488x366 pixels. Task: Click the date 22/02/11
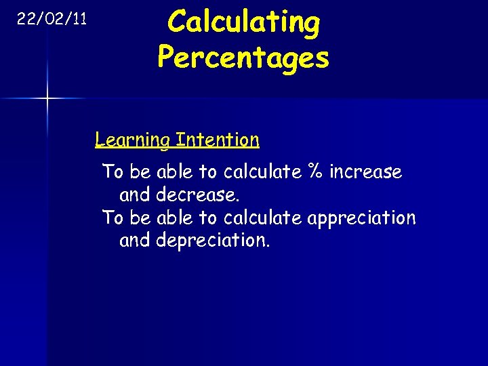pos(52,19)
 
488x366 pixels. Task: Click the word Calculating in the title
pos(243,22)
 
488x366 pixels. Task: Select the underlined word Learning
pos(133,140)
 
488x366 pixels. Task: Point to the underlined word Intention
pos(217,140)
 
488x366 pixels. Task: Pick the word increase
pos(366,172)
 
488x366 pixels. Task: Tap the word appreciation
pos(361,218)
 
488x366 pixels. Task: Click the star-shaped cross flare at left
pos(47,99)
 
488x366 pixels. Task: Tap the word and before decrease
pos(135,195)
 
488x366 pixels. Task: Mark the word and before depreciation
pos(135,241)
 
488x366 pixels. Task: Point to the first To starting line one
pos(112,172)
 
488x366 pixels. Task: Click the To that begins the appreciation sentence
pos(112,218)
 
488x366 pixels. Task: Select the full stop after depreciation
pos(268,245)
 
